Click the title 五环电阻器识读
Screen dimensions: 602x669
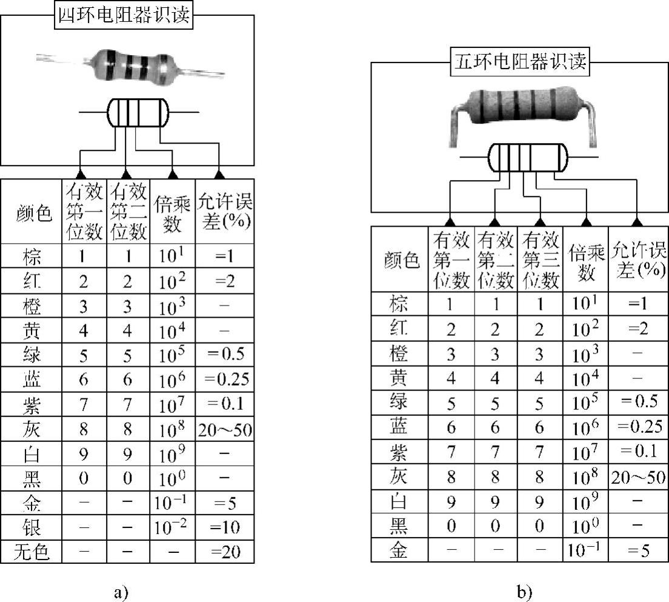coord(521,62)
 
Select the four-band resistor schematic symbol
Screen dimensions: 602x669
coord(138,112)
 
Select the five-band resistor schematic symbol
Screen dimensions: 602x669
coord(527,158)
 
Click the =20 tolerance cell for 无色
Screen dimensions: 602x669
coord(225,551)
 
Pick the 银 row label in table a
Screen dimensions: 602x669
coord(33,527)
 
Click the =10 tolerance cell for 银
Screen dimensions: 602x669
coord(225,527)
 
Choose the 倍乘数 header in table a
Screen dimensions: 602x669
coord(172,212)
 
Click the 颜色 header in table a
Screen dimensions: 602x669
coord(33,212)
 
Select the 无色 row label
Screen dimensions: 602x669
coord(33,551)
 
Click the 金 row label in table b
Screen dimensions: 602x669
coord(399,550)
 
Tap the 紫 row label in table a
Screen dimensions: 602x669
coord(33,403)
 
